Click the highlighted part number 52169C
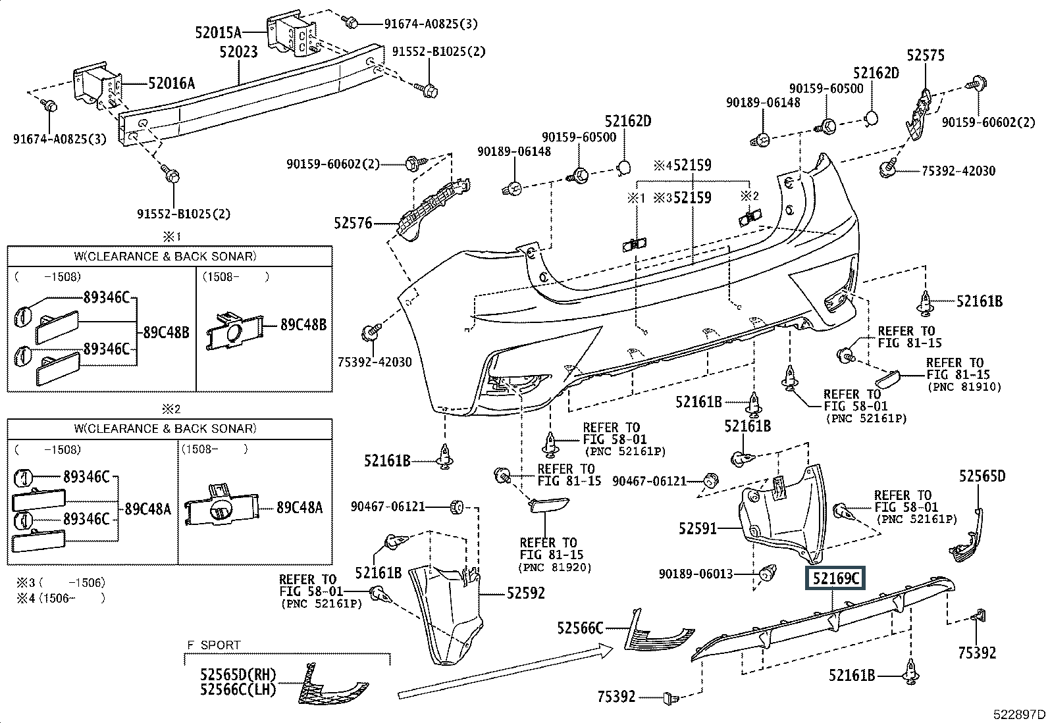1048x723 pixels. pyautogui.click(x=835, y=578)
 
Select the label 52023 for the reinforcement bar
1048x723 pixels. pyautogui.click(x=238, y=51)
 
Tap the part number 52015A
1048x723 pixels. pyautogui.click(x=218, y=32)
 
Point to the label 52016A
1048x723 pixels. pyautogui.click(x=171, y=84)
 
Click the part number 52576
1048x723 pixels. pyautogui.click(x=353, y=223)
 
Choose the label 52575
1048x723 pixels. pyautogui.click(x=926, y=55)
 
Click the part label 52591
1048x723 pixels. pyautogui.click(x=698, y=528)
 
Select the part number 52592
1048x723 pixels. pyautogui.click(x=526, y=593)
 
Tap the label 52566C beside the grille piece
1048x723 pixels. pyautogui.click(x=580, y=628)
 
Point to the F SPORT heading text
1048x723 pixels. pyautogui.click(x=213, y=645)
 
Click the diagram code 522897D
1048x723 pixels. pyautogui.click(x=1019, y=714)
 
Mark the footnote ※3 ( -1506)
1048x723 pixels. pyautogui.click(x=61, y=583)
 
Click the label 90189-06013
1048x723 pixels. pyautogui.click(x=696, y=574)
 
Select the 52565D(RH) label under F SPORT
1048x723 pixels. pyautogui.click(x=238, y=675)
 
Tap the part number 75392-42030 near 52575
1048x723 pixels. pyautogui.click(x=958, y=171)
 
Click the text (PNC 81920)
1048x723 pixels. pyautogui.click(x=555, y=568)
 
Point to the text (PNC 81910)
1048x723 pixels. pyautogui.click(x=964, y=387)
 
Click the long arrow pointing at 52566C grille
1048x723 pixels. pyautogui.click(x=506, y=670)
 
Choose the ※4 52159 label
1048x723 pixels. pyautogui.click(x=682, y=165)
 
